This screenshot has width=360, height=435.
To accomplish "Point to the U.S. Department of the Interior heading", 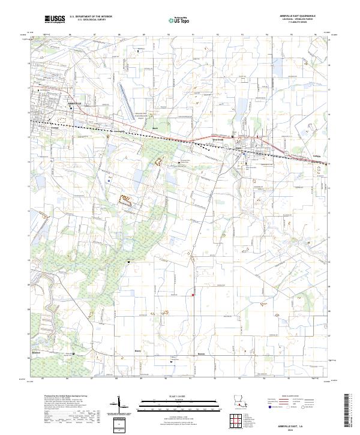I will coord(91,17).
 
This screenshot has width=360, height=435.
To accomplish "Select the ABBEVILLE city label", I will coord(75,104).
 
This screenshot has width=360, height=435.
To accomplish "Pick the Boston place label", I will coord(202,354).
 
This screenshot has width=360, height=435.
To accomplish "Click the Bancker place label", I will coord(36,353).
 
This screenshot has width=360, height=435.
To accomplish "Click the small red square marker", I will coord(192,294).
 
